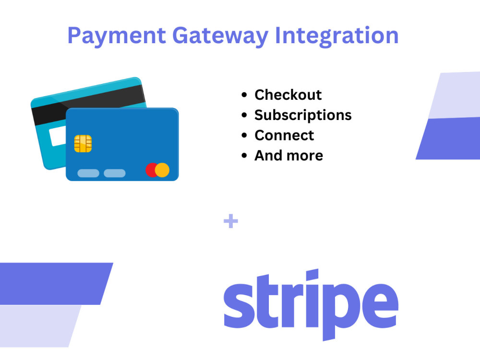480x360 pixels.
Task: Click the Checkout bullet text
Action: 288,95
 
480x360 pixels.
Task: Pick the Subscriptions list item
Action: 303,115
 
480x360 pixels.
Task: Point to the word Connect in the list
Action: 284,135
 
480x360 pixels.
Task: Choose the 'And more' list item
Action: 288,156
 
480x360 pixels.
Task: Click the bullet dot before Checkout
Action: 245,95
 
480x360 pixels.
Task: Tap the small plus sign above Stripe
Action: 231,222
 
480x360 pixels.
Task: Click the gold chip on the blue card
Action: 83,143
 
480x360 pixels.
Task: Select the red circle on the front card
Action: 152,170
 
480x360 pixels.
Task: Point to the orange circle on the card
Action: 163,170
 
